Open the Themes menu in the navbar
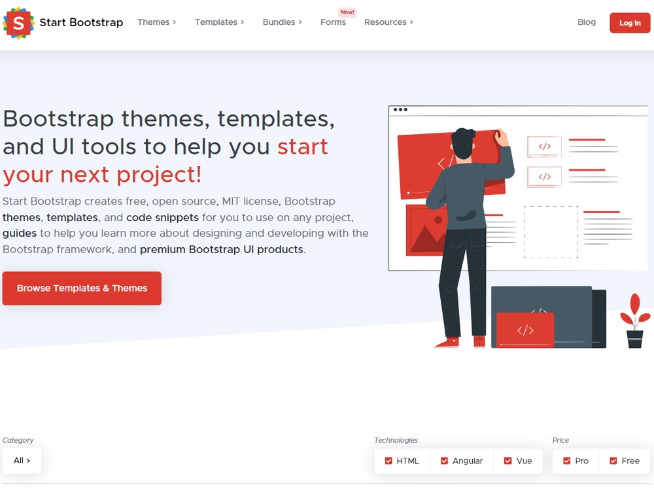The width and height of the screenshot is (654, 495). point(157,22)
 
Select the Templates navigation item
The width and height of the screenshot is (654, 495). point(219,22)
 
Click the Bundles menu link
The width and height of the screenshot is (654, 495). point(282,22)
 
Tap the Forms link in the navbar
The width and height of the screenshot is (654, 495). point(333,22)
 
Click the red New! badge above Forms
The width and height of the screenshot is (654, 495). point(347,12)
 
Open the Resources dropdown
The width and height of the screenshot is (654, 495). point(388,22)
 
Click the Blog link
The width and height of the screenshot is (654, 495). point(586,22)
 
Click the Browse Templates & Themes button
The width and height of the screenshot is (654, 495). point(82,288)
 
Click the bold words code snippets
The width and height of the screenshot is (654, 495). point(162,217)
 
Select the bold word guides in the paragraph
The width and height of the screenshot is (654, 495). point(20,233)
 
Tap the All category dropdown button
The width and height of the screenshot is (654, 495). point(22,460)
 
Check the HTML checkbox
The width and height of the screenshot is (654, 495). point(389,461)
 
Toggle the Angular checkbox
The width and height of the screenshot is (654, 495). point(445,461)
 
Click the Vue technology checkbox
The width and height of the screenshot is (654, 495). point(508,461)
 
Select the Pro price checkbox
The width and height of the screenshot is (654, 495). point(567,461)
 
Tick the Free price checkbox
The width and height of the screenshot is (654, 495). point(613,461)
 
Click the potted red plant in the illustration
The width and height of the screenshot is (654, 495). point(633,320)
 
